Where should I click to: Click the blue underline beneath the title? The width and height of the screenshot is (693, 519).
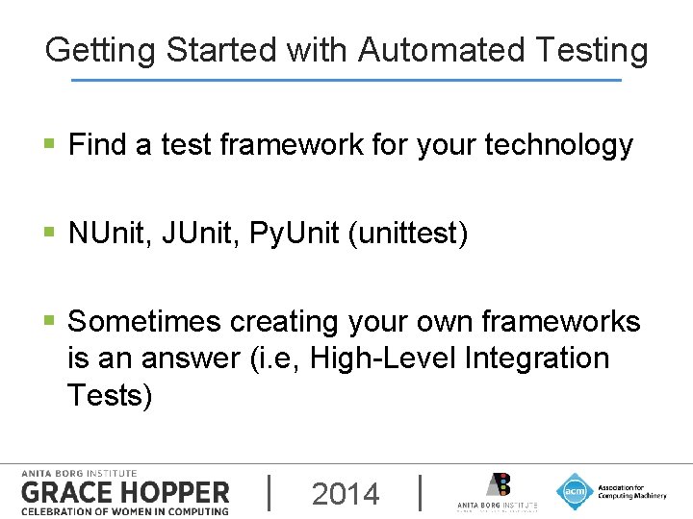tap(346, 80)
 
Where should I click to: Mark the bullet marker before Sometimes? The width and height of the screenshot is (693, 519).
tap(50, 322)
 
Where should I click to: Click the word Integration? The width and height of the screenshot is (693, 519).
tap(536, 358)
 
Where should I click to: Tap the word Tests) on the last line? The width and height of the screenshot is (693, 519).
tap(110, 394)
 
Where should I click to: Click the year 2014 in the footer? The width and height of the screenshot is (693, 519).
tap(346, 494)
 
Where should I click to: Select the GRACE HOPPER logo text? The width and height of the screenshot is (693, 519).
tap(125, 492)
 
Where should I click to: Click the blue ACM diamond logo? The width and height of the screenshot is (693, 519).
tap(575, 491)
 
